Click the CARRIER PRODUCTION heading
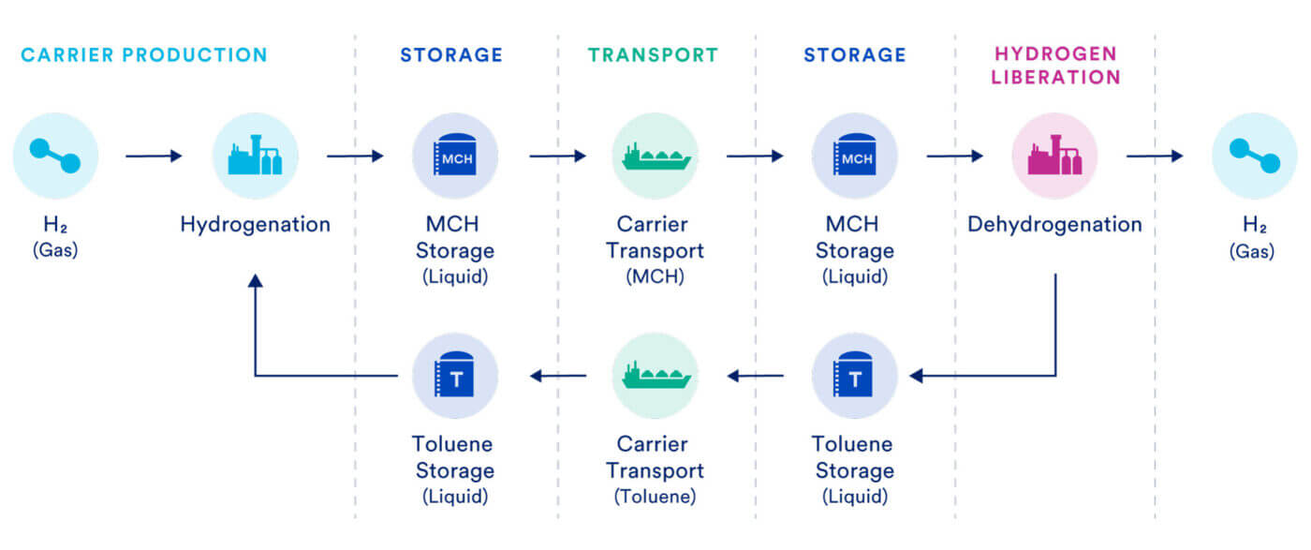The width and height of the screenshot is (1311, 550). [143, 54]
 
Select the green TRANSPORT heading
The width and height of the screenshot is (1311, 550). [653, 54]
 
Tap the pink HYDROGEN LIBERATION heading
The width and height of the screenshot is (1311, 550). [1055, 66]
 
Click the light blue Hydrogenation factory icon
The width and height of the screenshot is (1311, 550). [255, 156]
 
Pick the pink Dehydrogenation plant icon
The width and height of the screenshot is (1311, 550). [1054, 156]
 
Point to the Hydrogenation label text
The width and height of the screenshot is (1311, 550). [255, 225]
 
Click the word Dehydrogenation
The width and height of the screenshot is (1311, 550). [1054, 225]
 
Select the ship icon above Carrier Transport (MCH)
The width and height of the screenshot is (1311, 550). [655, 156]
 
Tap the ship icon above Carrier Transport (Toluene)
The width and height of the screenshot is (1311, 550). [655, 376]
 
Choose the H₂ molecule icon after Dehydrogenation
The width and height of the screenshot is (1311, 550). [1254, 156]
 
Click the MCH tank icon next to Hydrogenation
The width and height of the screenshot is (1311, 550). [454, 156]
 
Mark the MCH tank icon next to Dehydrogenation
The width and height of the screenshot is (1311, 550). [854, 156]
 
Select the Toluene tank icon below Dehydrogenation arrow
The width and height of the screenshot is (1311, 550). [854, 376]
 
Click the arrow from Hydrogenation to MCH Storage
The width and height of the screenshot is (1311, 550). [355, 156]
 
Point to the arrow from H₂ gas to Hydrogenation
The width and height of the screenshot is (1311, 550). [154, 156]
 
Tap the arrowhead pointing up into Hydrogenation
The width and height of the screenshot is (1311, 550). [255, 280]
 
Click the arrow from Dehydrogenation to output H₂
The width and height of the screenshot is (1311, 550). [1155, 156]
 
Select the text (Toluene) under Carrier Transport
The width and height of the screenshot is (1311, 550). [655, 497]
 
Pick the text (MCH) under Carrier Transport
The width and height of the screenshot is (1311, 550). [655, 277]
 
